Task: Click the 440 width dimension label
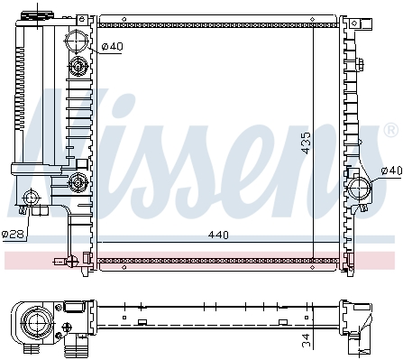(218, 235)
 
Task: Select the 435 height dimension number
(306, 143)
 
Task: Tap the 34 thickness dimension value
(306, 340)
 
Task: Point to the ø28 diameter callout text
(13, 234)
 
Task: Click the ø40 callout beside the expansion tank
(112, 46)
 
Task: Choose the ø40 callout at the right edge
(391, 171)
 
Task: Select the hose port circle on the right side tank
(359, 188)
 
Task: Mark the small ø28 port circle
(32, 198)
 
